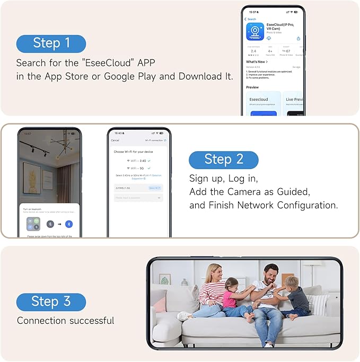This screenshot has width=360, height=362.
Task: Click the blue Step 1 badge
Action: [51, 43]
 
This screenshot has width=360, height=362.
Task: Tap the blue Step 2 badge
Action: [223, 160]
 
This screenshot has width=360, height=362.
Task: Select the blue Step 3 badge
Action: [51, 302]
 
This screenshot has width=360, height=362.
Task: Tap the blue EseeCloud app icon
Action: [256, 31]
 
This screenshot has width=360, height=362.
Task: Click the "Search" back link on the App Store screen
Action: [251, 19]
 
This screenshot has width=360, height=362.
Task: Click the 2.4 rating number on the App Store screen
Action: [253, 51]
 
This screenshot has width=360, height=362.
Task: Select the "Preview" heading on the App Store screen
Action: [253, 87]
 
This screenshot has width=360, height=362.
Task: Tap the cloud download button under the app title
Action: [269, 38]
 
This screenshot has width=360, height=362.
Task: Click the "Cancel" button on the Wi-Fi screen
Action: [115, 140]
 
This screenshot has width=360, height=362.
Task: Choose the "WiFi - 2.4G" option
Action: [139, 160]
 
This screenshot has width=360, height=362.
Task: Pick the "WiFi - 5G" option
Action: [139, 168]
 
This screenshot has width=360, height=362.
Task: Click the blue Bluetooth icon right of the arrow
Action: [69, 224]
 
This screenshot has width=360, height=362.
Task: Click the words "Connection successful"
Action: [65, 321]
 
